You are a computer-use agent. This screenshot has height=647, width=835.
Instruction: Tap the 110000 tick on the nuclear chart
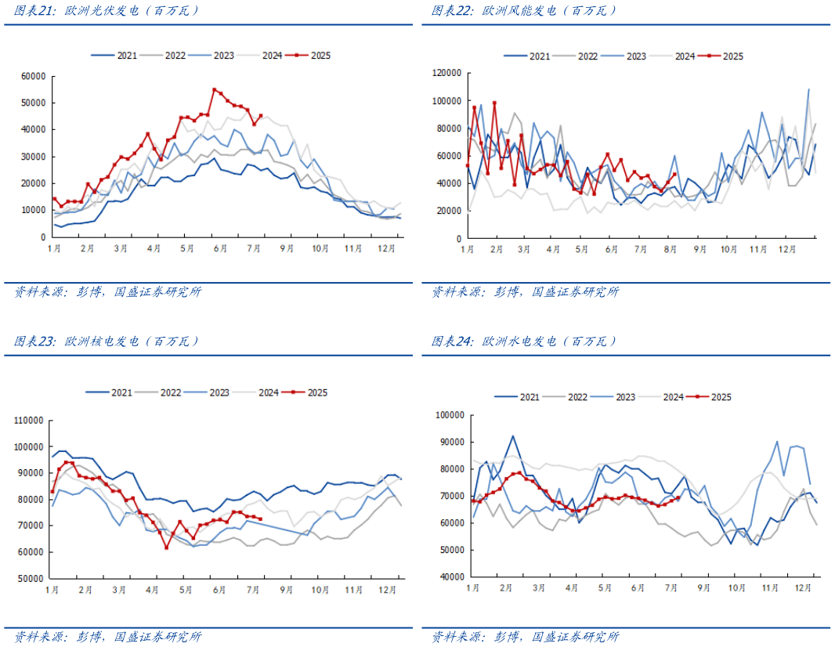[x=28, y=421]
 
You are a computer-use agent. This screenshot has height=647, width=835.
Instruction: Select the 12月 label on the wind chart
[x=784, y=249]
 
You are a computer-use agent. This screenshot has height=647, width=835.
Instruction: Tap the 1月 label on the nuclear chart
[x=52, y=589]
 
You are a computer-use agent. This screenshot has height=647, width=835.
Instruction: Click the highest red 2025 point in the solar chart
[x=214, y=89]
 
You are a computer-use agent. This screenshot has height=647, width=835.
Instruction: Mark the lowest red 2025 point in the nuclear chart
[x=166, y=548]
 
